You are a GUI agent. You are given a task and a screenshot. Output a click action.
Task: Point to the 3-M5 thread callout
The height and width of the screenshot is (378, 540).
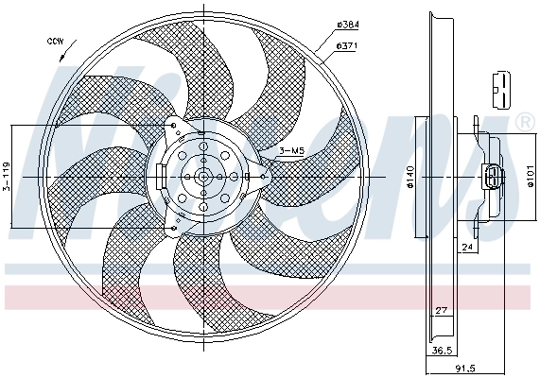[x=291, y=150]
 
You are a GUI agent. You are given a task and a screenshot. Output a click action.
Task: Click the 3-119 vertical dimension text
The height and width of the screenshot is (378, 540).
[x=6, y=176]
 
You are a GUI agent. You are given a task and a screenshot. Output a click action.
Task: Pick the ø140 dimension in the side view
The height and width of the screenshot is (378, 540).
[x=412, y=177]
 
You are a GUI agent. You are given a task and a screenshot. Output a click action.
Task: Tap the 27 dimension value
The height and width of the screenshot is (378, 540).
[x=442, y=310]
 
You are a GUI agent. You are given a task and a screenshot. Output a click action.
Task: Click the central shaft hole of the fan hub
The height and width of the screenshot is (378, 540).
[x=204, y=177]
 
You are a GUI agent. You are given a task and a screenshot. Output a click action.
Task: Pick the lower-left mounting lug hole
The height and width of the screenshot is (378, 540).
[x=173, y=227]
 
